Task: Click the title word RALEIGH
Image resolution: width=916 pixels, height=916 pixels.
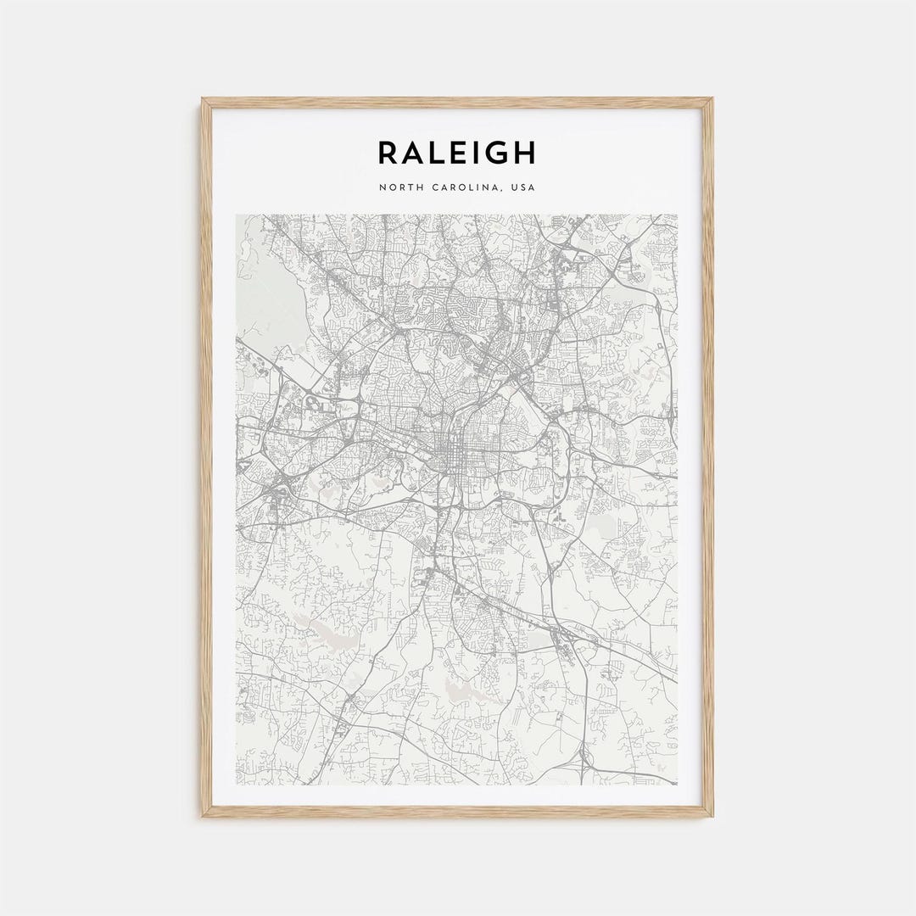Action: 456,153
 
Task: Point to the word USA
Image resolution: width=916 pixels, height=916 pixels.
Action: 521,187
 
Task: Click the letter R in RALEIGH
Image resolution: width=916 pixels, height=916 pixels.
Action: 388,153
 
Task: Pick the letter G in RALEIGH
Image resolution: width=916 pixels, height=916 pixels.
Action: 496,153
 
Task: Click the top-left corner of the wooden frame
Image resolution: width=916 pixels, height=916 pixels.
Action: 203,99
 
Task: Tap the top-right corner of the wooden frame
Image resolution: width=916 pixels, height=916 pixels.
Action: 712,99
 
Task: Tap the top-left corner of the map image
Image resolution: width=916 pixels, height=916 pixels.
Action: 237,215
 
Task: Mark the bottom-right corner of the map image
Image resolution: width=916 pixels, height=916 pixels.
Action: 677,785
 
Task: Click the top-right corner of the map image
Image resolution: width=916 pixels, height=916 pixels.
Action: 677,215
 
